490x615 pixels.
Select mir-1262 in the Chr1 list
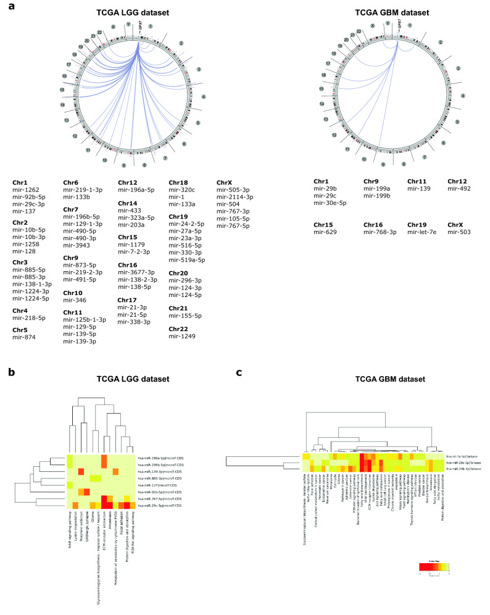pos(25,190)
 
